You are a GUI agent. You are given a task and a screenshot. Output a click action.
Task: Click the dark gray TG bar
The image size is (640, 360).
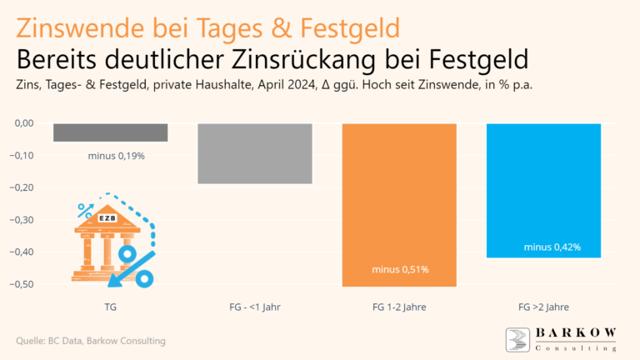click(x=111, y=132)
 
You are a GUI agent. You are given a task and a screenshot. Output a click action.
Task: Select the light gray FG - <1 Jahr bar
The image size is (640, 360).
click(x=254, y=153)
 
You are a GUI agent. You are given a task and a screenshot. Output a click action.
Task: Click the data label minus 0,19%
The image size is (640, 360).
click(x=117, y=156)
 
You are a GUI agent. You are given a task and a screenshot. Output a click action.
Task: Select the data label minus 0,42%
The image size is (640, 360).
click(x=552, y=247)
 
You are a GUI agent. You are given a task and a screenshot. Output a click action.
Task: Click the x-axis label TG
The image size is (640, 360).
click(x=111, y=307)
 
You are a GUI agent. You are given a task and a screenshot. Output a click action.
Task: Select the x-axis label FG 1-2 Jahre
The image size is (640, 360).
click(x=399, y=307)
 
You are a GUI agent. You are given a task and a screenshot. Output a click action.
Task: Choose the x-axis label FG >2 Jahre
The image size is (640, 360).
click(x=543, y=307)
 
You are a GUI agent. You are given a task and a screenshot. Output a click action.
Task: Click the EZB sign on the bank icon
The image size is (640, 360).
click(x=107, y=218)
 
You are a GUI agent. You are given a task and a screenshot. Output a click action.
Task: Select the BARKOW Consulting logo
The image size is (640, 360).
click(x=561, y=340)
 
